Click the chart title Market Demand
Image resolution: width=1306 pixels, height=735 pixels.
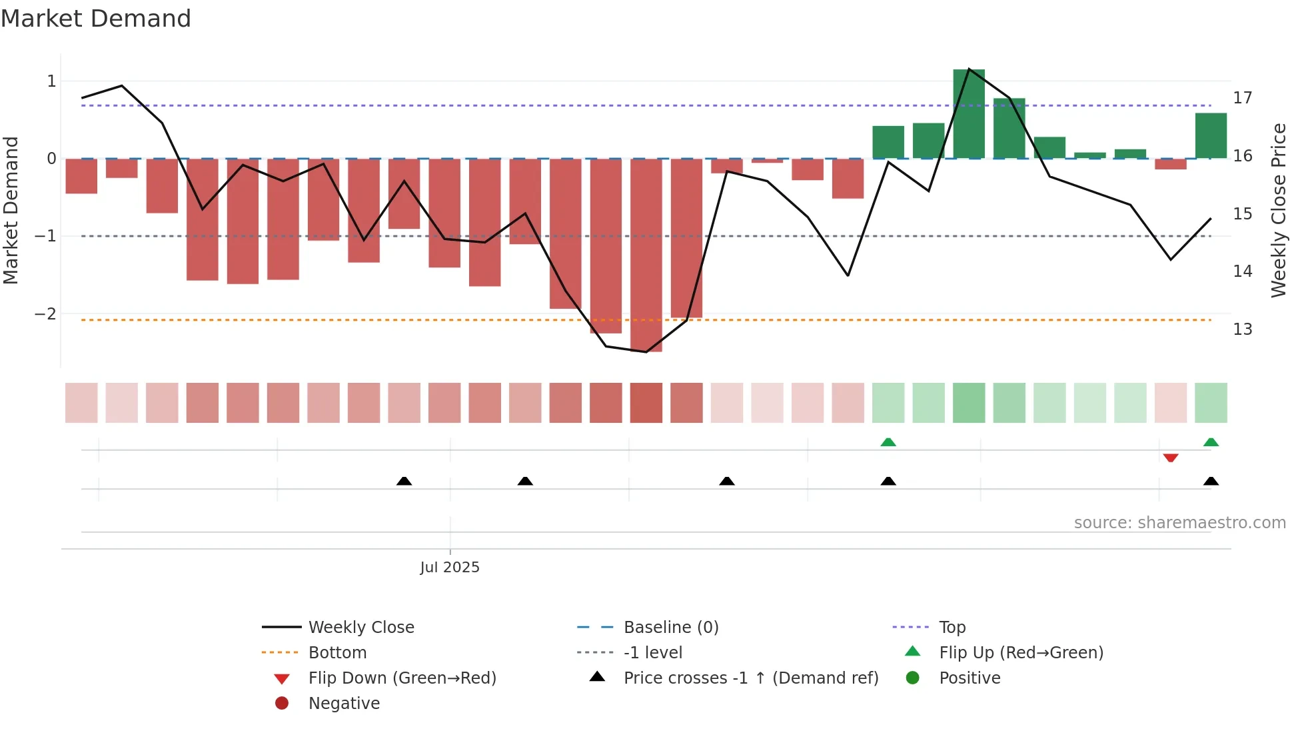[x=96, y=19]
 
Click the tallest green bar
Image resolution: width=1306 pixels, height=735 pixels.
[x=968, y=113]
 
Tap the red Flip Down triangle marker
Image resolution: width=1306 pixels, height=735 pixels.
[x=1170, y=458]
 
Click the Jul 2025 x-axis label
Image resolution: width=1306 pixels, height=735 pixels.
[x=450, y=568]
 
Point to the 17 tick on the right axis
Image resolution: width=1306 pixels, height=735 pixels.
[x=1242, y=98]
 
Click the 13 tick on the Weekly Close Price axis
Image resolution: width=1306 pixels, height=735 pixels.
[x=1242, y=329]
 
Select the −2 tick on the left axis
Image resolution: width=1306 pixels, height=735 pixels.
[x=46, y=313]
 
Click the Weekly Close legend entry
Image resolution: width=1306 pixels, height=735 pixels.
[x=360, y=628]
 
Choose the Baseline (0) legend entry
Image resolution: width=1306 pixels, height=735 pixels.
[x=670, y=628]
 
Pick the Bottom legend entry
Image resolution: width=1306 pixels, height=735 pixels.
[x=337, y=653]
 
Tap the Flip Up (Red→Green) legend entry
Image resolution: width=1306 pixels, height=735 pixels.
[x=1020, y=653]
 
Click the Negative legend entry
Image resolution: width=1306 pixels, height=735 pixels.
[x=344, y=704]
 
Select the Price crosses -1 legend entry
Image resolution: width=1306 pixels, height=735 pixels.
[x=750, y=678]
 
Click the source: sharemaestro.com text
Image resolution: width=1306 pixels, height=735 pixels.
[x=1179, y=523]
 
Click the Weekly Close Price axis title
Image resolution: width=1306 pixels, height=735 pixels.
[x=1278, y=210]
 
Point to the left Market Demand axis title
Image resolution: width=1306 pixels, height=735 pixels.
[x=11, y=210]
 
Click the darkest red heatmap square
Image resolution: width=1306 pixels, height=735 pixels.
[x=646, y=403]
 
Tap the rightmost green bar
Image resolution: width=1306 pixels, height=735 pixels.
[x=1210, y=136]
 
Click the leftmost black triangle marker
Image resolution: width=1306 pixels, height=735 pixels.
[x=404, y=481]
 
